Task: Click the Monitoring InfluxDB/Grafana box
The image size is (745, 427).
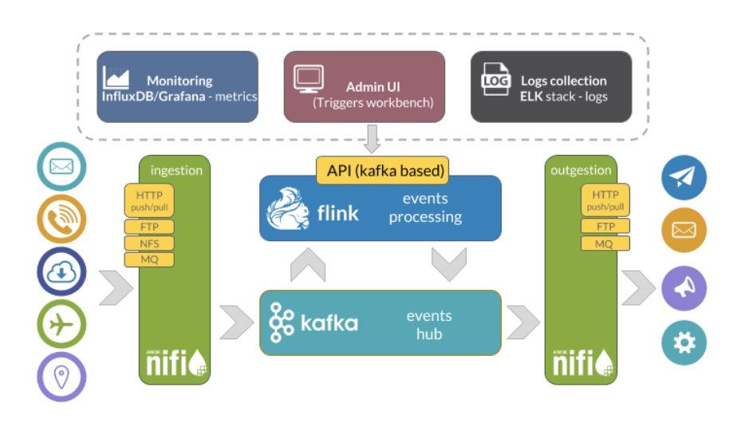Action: tap(177, 87)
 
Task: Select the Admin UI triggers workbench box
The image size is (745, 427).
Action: tap(365, 87)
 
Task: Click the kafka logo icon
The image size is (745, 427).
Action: tap(281, 322)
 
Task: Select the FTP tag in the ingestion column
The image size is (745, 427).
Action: tap(148, 227)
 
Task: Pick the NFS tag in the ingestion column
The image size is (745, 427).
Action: tap(148, 243)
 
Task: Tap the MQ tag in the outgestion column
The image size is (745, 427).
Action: tap(605, 243)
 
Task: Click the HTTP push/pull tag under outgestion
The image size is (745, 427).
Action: tap(605, 200)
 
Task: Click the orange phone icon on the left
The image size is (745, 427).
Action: tap(61, 218)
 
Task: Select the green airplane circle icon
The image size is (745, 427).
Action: tap(61, 326)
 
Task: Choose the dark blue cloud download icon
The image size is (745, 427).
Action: tap(61, 272)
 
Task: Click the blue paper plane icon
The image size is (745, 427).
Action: tap(684, 178)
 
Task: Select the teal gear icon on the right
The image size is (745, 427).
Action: tap(684, 342)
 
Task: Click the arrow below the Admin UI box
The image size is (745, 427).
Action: tap(372, 139)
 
